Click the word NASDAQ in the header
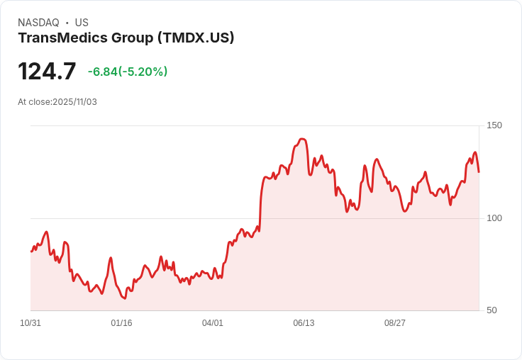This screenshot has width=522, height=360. pos(38,23)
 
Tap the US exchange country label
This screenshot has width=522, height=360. pos(82,23)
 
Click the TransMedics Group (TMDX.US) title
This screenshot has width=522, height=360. pos(126,38)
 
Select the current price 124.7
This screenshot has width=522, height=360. pos(47,72)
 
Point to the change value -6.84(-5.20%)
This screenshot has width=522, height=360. pos(128,72)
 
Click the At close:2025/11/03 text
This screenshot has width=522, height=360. pos(57,102)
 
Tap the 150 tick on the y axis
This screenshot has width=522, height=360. pos(494,125)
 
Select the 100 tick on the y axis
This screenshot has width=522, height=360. pos(494,218)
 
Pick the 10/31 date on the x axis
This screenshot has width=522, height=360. pos(30,323)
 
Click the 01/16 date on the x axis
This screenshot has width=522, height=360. pos(121,323)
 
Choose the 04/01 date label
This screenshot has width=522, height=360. pos(213,323)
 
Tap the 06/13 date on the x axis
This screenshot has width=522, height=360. pos(304,323)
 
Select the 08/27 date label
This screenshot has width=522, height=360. pos(395,323)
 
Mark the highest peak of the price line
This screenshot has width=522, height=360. pos(302,139)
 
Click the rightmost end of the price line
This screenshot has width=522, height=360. pos(479,171)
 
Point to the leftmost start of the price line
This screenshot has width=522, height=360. pos(31,252)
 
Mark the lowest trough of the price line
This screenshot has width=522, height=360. pos(123,298)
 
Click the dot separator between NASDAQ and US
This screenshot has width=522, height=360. pos(67,23)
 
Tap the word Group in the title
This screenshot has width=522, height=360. pos(130,38)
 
